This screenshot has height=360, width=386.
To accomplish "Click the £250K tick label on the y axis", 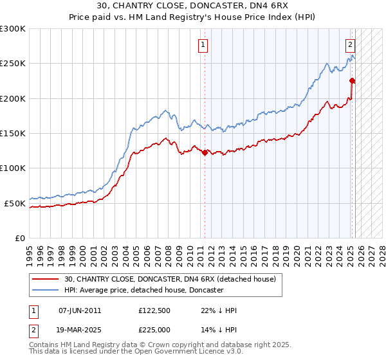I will tap(13, 64).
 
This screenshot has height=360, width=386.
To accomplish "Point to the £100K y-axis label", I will tap(13, 168).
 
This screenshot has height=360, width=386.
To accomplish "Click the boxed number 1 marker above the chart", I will tap(203, 45).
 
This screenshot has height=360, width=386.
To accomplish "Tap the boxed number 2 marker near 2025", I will tap(350, 45).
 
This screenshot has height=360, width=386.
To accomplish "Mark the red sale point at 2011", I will tap(205, 152).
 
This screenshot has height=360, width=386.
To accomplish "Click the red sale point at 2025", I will tap(352, 80).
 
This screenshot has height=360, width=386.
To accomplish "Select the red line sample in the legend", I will tap(46, 279).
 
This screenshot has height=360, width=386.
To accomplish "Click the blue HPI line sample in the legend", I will tap(46, 290).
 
